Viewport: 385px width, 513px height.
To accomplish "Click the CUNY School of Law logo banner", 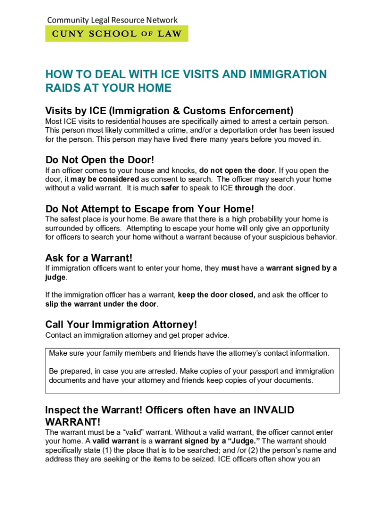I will [117, 34].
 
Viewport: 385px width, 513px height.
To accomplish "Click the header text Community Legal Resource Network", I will [112, 20].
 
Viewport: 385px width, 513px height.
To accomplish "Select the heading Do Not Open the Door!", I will [100, 160].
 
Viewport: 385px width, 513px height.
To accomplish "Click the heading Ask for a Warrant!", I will [89, 258].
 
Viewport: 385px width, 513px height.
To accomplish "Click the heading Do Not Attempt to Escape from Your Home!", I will [150, 208].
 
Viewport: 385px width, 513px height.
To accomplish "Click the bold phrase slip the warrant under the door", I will [101, 304].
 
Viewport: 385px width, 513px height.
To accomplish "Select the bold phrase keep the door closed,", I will [216, 295].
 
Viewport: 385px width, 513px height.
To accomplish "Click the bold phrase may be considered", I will [104, 179].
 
